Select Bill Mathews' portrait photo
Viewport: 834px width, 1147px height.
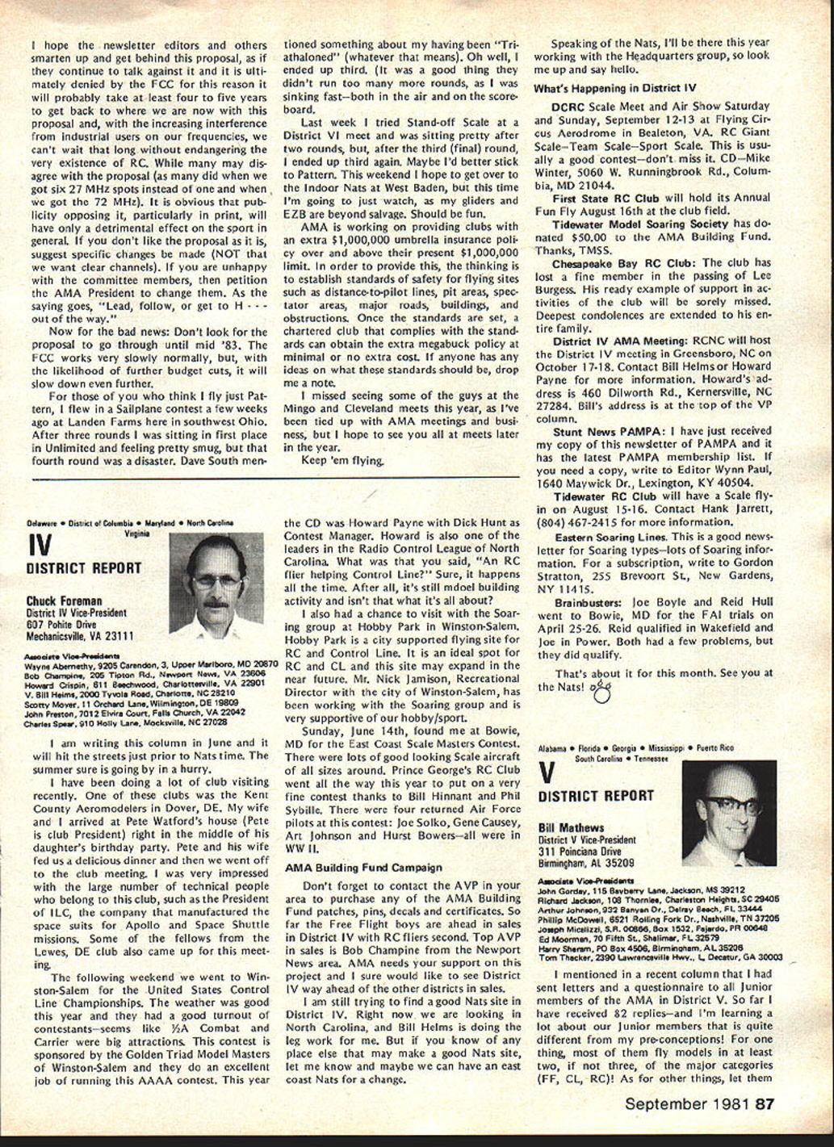coord(729,813)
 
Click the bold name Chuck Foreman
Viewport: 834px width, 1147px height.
coord(64,601)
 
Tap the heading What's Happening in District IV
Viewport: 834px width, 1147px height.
coord(614,87)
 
